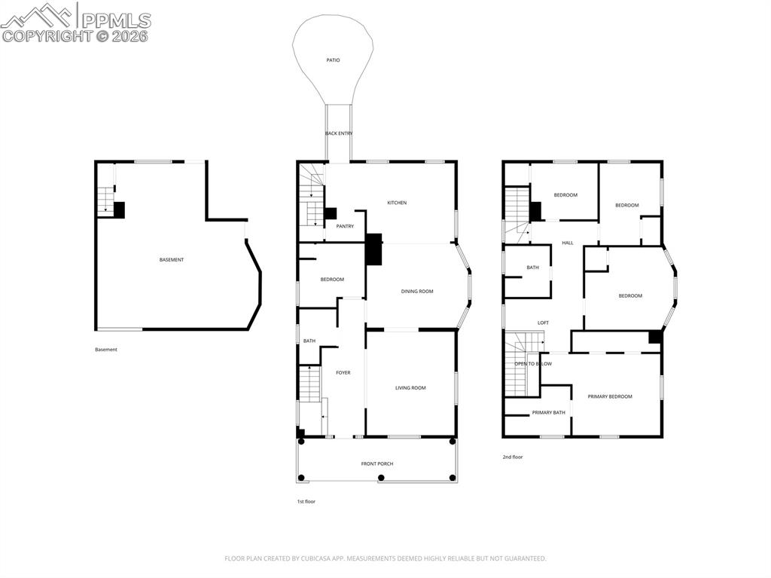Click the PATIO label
point(333,60)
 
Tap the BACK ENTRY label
point(339,133)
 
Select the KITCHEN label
point(397,203)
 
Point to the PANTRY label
point(345,227)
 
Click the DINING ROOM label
point(417,292)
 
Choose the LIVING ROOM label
point(410,388)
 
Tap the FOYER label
point(343,373)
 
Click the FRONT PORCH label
point(377,463)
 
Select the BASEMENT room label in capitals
point(172,260)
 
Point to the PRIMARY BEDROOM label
point(610,396)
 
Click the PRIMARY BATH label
point(548,412)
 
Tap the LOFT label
point(543,323)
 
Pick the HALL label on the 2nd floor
point(568,243)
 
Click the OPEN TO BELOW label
point(533,364)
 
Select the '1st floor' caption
point(306,502)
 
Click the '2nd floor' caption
point(512,457)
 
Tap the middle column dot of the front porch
point(381,477)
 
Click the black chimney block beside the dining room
point(373,249)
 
